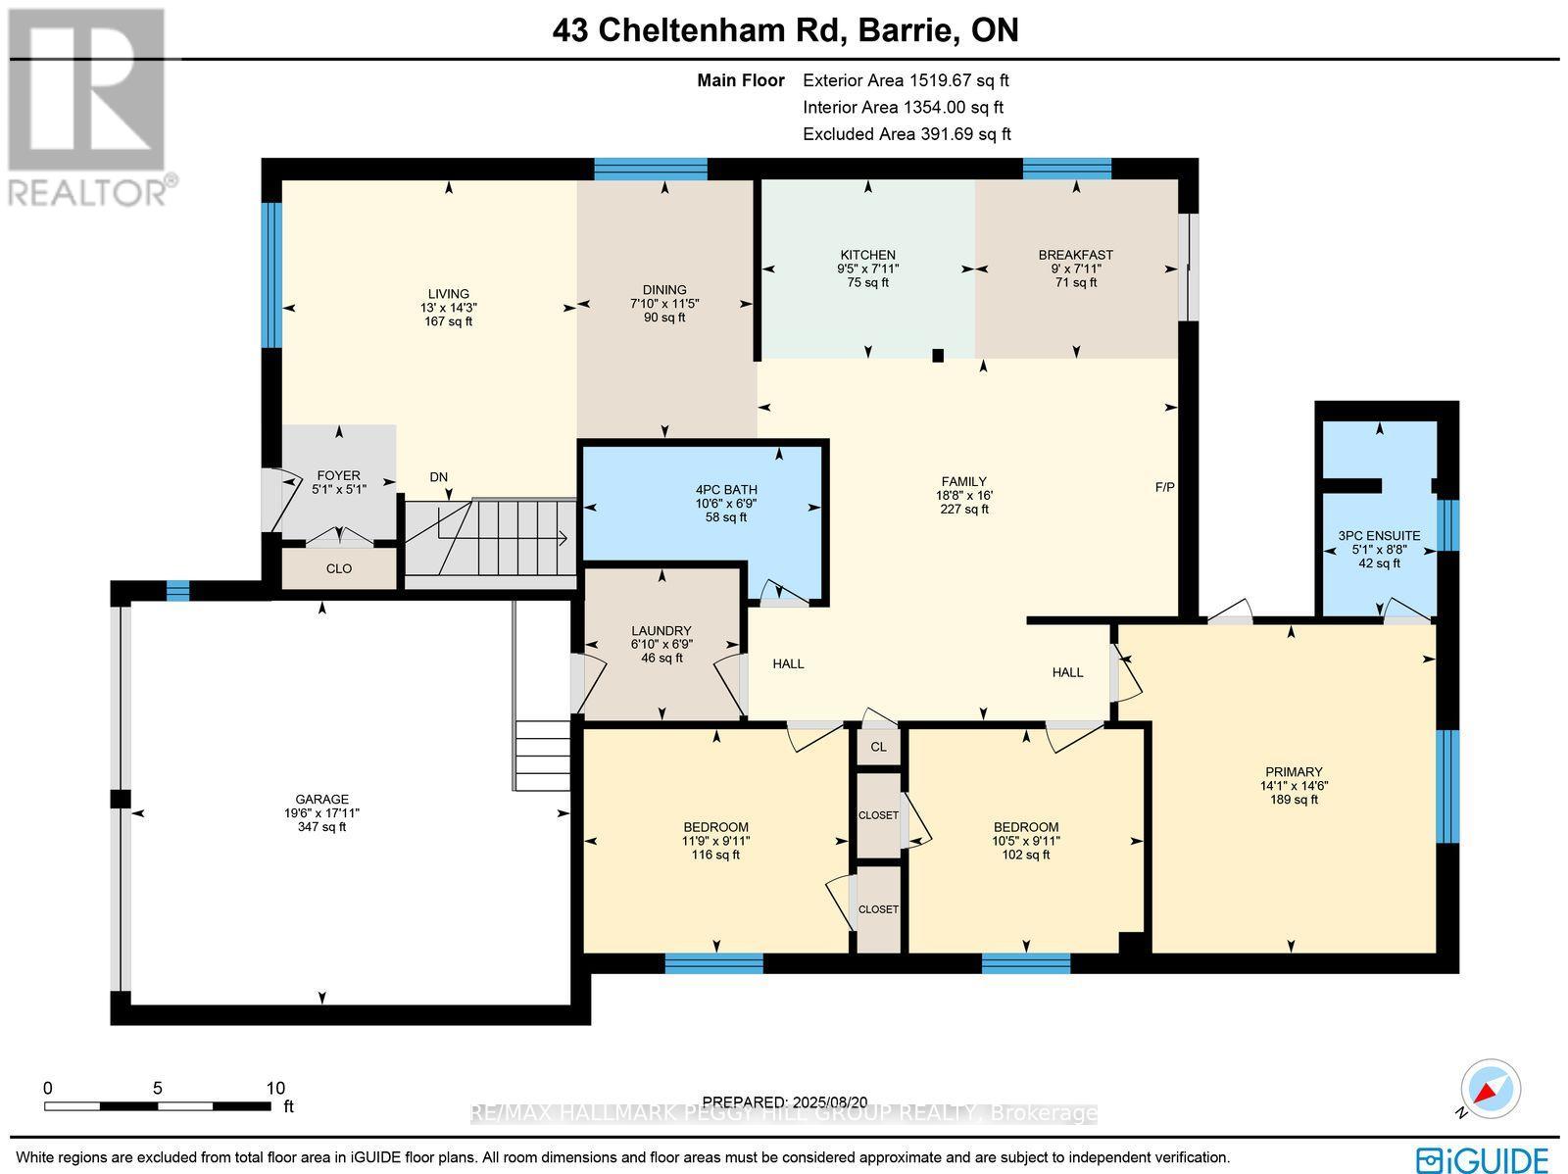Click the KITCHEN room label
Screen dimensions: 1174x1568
coord(867,255)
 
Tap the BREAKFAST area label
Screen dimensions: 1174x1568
coord(1075,255)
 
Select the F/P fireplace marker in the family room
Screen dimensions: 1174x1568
coord(1164,486)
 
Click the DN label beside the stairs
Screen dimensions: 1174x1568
coord(438,477)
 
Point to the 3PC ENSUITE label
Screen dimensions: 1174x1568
coord(1379,536)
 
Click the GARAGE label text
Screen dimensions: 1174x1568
coord(322,800)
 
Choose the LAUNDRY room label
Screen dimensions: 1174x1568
coord(661,631)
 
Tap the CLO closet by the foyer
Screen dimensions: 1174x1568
coord(338,568)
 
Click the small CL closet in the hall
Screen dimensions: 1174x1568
coord(878,747)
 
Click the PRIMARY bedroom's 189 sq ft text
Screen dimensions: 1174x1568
coord(1294,800)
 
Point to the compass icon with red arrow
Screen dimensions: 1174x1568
coord(1490,1089)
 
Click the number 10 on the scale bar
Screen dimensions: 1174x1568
coord(275,1088)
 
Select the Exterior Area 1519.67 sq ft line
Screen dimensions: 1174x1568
coord(905,81)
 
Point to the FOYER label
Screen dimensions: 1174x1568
coord(338,476)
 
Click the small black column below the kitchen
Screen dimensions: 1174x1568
coord(938,356)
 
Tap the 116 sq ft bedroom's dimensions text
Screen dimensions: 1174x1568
coord(715,841)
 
